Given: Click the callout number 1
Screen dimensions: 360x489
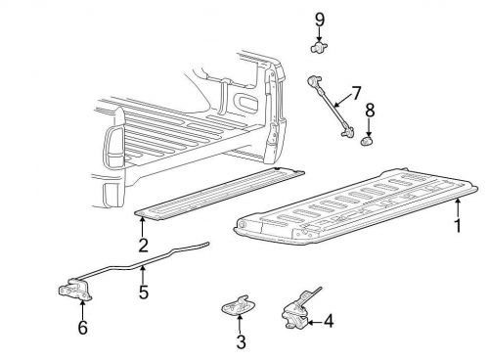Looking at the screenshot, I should [456, 225].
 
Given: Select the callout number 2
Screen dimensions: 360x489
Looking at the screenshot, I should [143, 246].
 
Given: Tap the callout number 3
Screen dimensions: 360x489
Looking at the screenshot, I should [240, 341].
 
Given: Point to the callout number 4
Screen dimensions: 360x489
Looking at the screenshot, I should [328, 319].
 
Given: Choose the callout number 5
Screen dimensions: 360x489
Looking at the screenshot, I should [144, 291].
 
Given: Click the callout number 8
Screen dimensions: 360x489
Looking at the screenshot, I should [371, 112].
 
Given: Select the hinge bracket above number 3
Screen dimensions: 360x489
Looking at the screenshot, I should [236, 307].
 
